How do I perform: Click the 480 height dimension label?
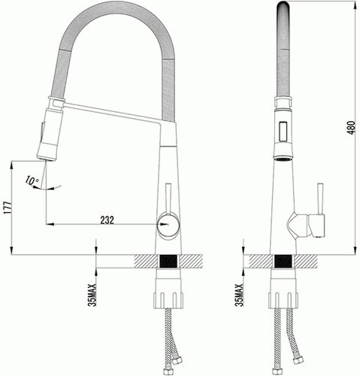352,128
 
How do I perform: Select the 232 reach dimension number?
107,220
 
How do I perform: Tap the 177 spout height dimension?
8,207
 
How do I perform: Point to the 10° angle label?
32,180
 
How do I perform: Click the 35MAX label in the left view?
92,295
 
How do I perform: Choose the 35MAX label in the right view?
240,295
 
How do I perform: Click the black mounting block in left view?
168,261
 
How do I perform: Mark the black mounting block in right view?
283,261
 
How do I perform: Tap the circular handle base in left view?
168,226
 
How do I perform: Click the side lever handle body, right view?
316,226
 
